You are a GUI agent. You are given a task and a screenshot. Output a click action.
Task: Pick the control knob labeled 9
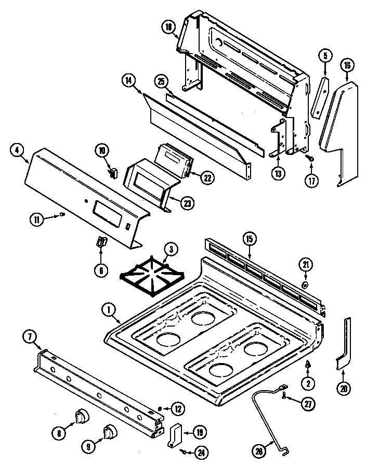[x=110, y=431]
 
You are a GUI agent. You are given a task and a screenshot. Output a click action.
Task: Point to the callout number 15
[x=250, y=239]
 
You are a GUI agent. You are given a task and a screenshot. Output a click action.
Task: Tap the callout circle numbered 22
[x=207, y=177]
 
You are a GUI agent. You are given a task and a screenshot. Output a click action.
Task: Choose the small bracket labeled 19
[x=175, y=433]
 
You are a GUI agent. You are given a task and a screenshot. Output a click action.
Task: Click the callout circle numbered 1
[x=109, y=310]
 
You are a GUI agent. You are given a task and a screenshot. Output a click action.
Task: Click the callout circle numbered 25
[x=162, y=81]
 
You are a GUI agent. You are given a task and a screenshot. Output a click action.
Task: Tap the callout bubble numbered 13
[x=279, y=173]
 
